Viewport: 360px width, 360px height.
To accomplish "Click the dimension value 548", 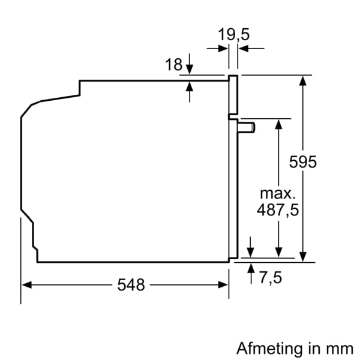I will [x=131, y=285].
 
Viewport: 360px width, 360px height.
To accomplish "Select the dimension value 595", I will [x=302, y=162].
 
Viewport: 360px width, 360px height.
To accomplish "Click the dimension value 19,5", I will [x=233, y=34].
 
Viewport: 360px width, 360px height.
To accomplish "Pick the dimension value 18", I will [x=173, y=65].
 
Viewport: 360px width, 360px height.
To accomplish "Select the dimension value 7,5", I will [x=271, y=278].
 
